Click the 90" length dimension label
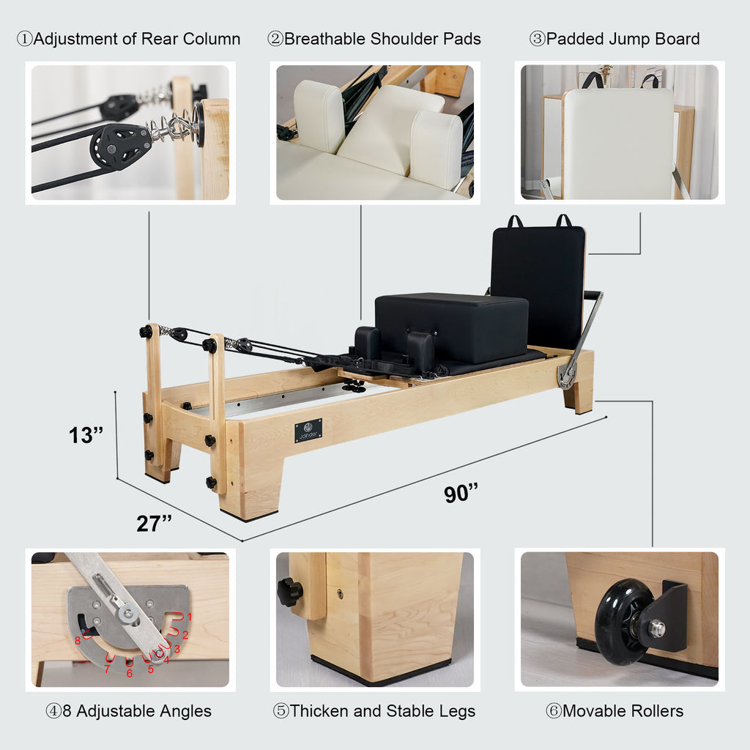click(461, 494)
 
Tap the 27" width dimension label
click(154, 524)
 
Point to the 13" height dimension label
click(86, 435)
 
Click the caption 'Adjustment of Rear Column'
click(128, 39)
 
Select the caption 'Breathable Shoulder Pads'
click(374, 39)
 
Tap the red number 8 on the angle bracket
click(77, 641)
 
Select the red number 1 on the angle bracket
click(189, 617)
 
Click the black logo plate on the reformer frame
click(308, 431)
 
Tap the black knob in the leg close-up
click(289, 591)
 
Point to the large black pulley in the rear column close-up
click(120, 145)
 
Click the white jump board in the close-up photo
click(618, 143)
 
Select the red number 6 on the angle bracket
click(130, 673)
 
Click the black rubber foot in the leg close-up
click(381, 669)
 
